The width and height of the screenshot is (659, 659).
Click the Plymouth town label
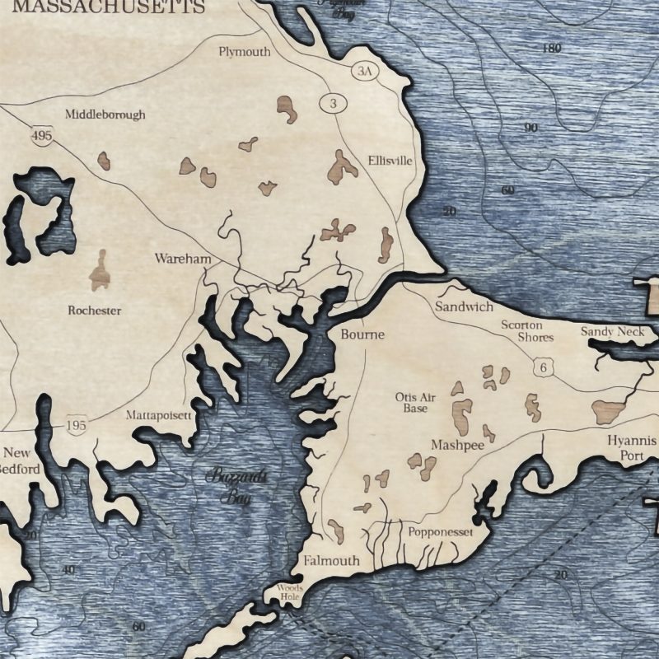(244, 52)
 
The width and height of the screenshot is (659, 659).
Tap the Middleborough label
(105, 115)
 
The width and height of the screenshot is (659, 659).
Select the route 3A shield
(364, 72)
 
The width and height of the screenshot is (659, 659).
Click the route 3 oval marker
(333, 103)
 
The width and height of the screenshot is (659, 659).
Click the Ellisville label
(390, 161)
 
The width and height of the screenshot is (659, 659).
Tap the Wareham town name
(183, 259)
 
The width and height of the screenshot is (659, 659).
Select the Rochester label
(94, 311)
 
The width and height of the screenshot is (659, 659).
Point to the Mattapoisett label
(158, 415)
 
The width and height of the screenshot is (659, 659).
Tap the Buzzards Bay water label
(233, 486)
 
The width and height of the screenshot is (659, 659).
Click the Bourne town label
(362, 334)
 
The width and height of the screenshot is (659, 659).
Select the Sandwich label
(464, 306)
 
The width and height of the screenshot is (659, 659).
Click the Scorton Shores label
(522, 331)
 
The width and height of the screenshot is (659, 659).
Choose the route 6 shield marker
(542, 368)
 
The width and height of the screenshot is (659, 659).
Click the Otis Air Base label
(415, 403)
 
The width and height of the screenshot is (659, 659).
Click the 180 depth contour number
(552, 49)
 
